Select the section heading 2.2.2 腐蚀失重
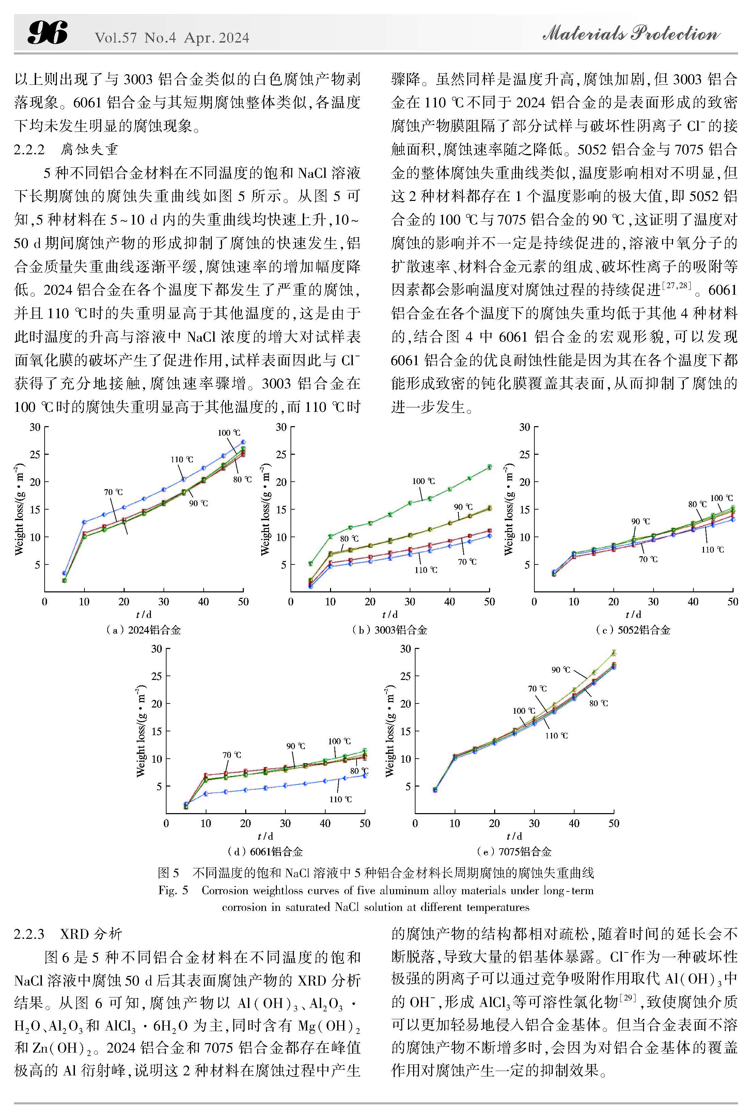[x=66, y=149]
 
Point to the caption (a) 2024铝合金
[x=143, y=630]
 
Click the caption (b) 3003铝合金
[x=389, y=630]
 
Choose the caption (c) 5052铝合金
[x=632, y=630]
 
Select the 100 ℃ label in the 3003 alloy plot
[x=423, y=481]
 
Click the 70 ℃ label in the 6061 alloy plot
[x=232, y=755]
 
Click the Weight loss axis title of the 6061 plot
[x=141, y=730]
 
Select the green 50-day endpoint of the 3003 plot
[x=489, y=467]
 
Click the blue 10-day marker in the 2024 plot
[x=84, y=522]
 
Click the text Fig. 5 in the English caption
[x=173, y=890]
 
